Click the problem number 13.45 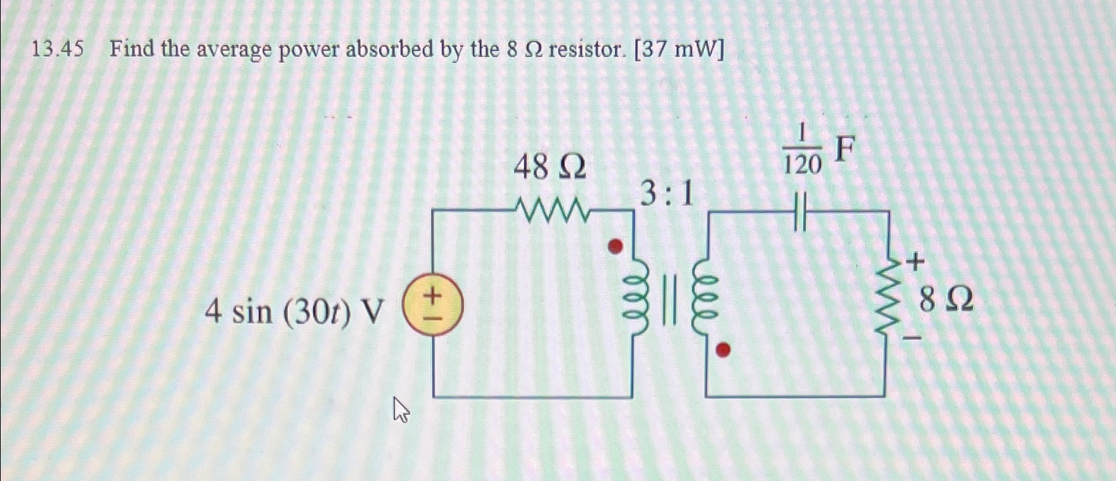click(58, 49)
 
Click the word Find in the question click(132, 48)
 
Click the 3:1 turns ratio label click(667, 195)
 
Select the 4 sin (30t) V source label click(294, 311)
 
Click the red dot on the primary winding click(616, 246)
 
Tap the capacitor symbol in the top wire click(801, 211)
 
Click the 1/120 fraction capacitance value click(802, 153)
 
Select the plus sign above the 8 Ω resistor click(915, 263)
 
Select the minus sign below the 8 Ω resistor click(913, 339)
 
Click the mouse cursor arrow click(401, 409)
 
